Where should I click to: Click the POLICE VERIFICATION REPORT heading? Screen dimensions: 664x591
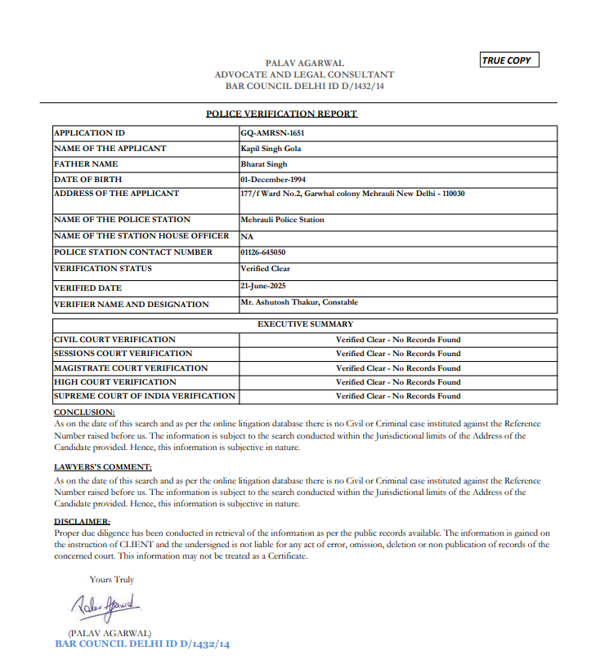tap(281, 114)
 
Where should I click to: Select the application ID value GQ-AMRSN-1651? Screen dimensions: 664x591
tap(273, 133)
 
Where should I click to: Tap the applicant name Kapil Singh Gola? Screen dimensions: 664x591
tap(271, 149)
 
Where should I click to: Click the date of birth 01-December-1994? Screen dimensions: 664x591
tap(274, 179)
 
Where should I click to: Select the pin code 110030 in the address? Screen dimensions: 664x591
tap(451, 194)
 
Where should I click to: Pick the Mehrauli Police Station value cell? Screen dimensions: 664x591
tap(282, 220)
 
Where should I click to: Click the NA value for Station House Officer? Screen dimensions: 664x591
tap(247, 236)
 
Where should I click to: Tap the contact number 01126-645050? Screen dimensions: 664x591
tap(263, 252)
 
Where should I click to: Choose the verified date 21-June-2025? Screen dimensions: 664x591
tap(263, 287)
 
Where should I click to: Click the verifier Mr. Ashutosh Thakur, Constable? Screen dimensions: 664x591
tap(299, 302)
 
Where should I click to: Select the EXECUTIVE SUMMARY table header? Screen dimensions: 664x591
tap(305, 324)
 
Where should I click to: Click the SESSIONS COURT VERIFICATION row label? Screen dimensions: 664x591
tap(123, 354)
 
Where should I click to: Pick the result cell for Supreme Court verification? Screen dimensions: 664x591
tap(398, 396)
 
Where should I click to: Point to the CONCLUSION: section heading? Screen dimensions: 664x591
tap(84, 412)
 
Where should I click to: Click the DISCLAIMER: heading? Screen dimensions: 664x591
tap(82, 520)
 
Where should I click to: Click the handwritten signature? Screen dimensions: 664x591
tap(105, 608)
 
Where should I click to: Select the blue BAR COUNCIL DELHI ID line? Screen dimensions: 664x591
tap(142, 644)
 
